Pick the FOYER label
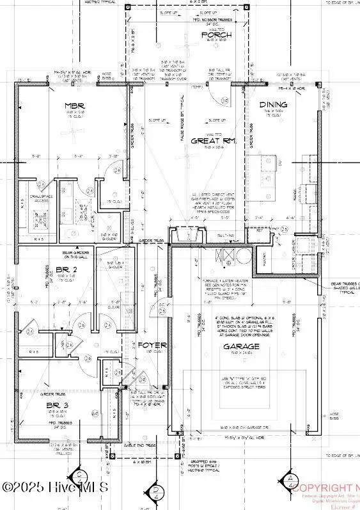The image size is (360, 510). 153,346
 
